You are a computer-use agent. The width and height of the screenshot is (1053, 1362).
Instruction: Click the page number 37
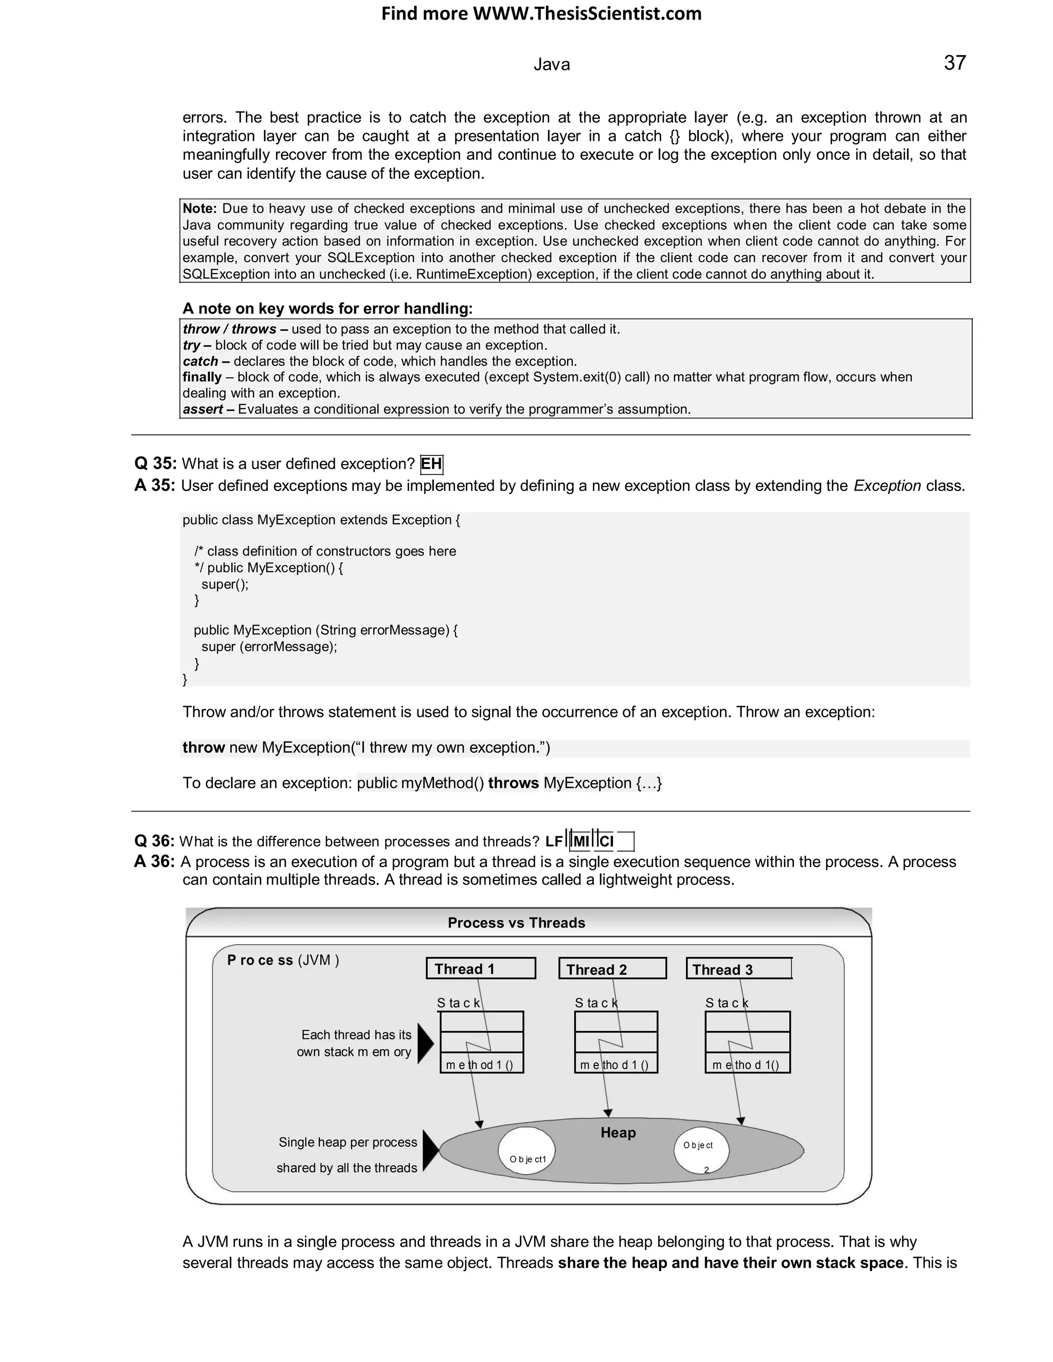[954, 63]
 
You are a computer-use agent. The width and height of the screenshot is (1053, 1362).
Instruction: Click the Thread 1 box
[480, 968]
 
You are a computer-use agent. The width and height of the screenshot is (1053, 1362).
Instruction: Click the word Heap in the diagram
[618, 1132]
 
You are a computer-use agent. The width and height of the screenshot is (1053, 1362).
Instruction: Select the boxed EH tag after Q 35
[431, 464]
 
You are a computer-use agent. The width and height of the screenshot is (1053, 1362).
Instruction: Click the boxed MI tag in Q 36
[580, 842]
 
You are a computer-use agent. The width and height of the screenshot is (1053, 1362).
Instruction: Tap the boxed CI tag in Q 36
[606, 842]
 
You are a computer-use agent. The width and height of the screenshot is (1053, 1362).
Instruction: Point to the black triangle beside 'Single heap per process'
[430, 1151]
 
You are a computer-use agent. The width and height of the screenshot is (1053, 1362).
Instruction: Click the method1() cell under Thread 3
[747, 1064]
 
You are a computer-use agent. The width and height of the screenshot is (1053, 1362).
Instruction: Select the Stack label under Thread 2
[596, 1003]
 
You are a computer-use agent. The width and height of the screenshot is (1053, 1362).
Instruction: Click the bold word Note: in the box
[199, 208]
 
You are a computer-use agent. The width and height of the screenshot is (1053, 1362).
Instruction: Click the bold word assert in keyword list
[203, 409]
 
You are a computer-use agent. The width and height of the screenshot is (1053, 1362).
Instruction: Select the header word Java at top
[552, 65]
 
